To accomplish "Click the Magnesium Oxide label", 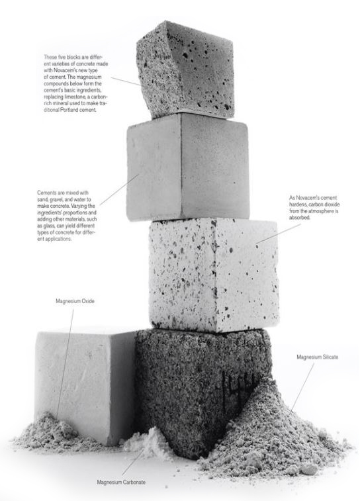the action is tap(75, 301).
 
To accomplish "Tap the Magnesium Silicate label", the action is tap(317, 357).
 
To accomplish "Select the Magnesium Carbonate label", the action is tap(121, 482).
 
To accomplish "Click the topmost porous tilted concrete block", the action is tap(185, 69).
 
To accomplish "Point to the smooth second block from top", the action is tap(187, 167).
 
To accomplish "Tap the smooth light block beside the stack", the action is tap(85, 387).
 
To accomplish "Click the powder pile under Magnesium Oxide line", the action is tap(51, 432).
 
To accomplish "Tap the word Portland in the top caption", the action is tap(69, 110).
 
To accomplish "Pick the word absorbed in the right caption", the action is tap(299, 218).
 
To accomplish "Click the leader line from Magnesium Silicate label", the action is tap(302, 387).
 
